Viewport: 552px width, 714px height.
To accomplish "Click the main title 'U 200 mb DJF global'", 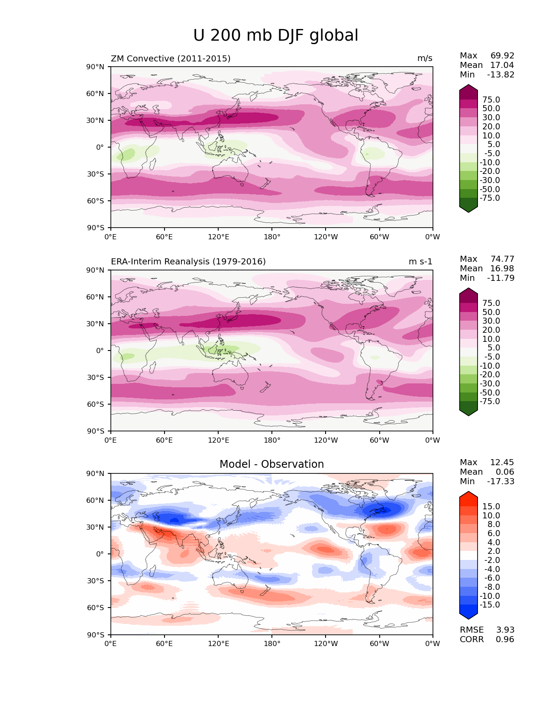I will [275, 35].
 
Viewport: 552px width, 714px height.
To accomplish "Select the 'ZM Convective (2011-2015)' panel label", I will [171, 58].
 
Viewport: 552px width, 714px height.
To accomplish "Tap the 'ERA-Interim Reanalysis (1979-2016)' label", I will [188, 262].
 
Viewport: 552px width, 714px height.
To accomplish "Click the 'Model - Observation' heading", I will [271, 464].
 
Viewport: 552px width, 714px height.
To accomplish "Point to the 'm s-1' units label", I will [420, 262].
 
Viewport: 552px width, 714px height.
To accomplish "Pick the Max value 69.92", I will [502, 56].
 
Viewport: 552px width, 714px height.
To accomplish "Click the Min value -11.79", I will [500, 278].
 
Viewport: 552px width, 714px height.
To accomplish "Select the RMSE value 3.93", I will [505, 630].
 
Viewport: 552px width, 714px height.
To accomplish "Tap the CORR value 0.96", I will [505, 640].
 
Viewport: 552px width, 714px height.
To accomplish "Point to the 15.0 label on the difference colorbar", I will [491, 507].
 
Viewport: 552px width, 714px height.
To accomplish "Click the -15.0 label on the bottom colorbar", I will [490, 605].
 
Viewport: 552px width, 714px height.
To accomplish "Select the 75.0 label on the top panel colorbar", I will [491, 100].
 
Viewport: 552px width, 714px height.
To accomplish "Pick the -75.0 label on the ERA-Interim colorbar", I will [490, 402].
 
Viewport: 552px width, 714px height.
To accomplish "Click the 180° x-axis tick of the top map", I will [272, 237].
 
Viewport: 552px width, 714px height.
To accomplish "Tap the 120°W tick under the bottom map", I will [326, 644].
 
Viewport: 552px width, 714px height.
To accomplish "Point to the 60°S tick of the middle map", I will [96, 404].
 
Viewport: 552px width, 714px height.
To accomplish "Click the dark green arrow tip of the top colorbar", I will [468, 208].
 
